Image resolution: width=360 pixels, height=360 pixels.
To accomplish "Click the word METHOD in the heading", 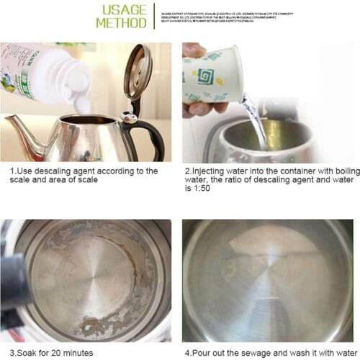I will (121, 23).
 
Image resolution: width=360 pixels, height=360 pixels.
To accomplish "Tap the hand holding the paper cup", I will (197, 108).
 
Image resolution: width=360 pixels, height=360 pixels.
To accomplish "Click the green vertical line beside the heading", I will (154, 16).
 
